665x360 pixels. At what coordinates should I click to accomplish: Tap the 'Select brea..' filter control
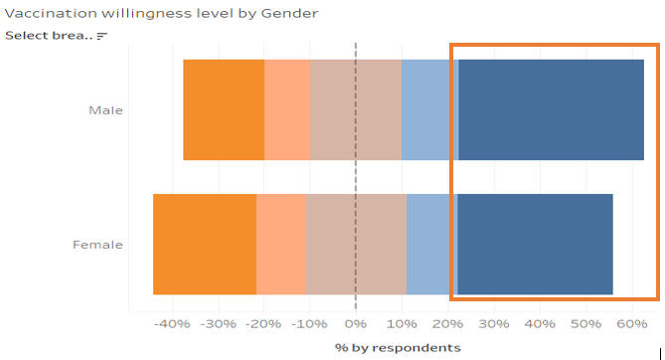coord(56,36)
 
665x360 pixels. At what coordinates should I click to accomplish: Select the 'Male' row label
coord(105,110)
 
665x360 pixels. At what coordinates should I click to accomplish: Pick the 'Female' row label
coord(99,245)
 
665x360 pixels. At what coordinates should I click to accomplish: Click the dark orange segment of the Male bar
coord(224,110)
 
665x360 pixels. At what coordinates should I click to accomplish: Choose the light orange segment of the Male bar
coord(287,110)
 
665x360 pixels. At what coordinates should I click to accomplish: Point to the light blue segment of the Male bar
coord(429,110)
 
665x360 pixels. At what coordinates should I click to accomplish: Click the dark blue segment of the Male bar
coord(552,110)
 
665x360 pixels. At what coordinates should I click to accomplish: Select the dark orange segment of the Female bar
coord(205,245)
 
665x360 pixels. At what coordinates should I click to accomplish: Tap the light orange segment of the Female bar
coord(281,245)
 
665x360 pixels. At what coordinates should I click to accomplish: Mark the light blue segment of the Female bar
coord(431,245)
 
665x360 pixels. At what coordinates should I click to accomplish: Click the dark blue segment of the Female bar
coord(535,245)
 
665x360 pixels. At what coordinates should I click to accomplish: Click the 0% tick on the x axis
coord(356,323)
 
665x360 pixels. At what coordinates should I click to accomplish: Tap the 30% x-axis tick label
coord(494,323)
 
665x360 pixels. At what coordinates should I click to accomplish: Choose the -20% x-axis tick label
coord(263,323)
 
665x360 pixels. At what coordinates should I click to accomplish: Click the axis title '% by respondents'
coord(398,347)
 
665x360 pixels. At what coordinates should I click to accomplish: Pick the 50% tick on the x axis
coord(586,323)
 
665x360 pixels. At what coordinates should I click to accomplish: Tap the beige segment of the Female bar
coord(356,245)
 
